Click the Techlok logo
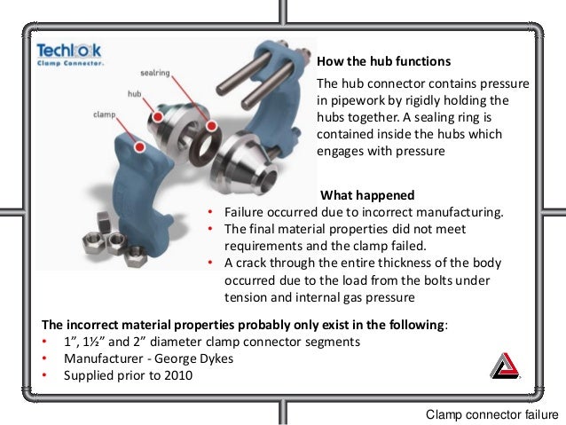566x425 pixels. [69, 54]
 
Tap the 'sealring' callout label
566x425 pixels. [155, 73]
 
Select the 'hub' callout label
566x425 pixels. [134, 94]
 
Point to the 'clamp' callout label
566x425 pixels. [105, 114]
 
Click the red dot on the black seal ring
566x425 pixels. [211, 126]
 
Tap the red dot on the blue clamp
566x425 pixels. [139, 146]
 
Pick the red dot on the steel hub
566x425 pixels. [158, 116]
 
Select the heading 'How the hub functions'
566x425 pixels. [384, 61]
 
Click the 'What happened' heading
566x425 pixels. [367, 195]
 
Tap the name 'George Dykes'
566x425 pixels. [193, 358]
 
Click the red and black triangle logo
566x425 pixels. [505, 366]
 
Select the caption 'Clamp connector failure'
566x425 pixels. [492, 414]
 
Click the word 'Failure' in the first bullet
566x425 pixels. [244, 212]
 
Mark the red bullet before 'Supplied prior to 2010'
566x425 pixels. [44, 375]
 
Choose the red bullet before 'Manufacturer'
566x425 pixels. [44, 358]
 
